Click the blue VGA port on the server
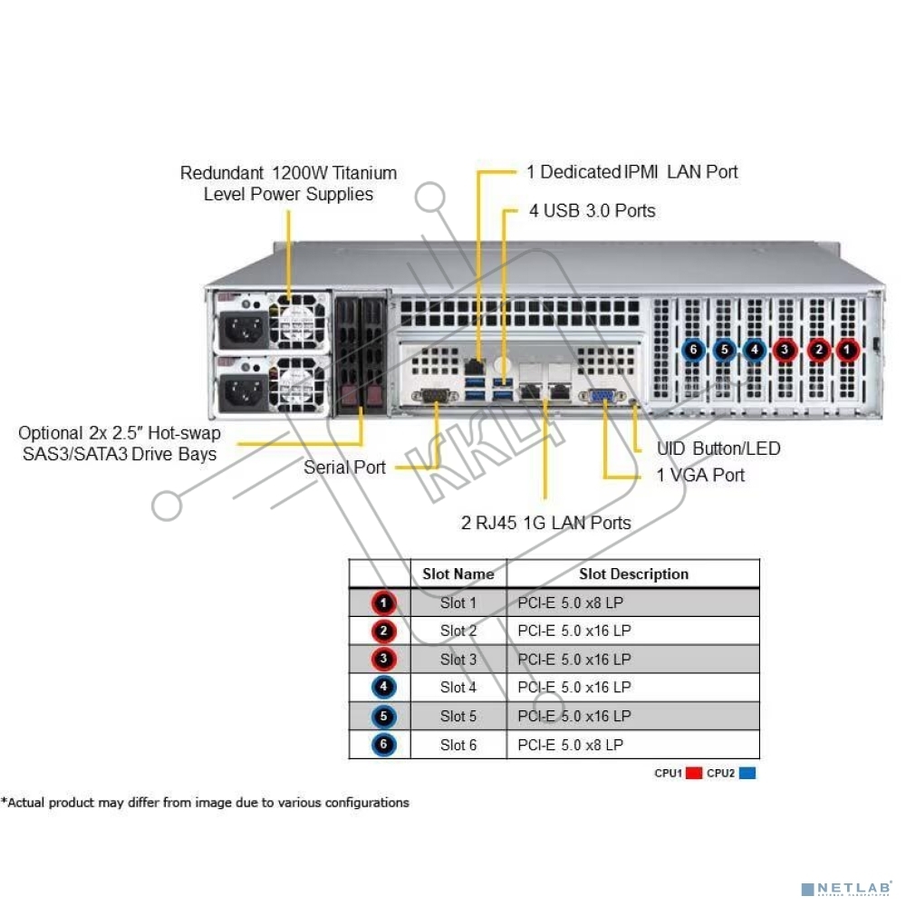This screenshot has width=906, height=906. (604, 395)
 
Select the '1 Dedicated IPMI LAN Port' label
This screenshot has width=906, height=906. (631, 171)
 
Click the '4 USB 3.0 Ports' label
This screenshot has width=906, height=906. (592, 211)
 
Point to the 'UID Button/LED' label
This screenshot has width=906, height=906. (718, 448)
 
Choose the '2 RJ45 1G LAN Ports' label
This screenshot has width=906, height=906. (546, 522)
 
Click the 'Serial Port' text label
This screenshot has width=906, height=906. (344, 467)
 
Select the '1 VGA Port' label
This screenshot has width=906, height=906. (700, 475)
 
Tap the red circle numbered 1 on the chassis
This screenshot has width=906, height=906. (848, 349)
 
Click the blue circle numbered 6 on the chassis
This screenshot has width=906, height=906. (693, 349)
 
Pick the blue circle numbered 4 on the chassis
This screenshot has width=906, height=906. (754, 349)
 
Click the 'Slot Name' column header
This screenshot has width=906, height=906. (458, 574)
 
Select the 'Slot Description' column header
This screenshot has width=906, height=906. (633, 574)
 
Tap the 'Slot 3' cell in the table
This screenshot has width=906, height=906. (458, 660)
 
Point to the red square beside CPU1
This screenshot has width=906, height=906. (695, 774)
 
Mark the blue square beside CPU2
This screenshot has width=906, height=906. (747, 774)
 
